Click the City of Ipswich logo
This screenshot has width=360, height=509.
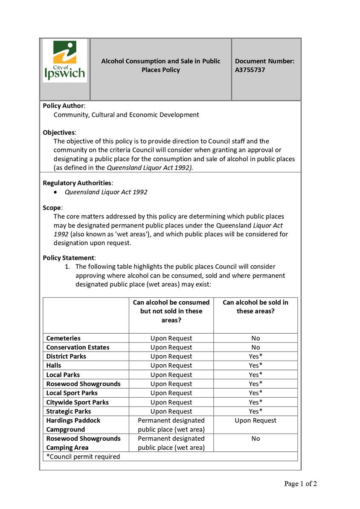click(65, 61)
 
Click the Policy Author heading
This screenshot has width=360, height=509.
click(64, 105)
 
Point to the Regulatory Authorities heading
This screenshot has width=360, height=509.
click(77, 183)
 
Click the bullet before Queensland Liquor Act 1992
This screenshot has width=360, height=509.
click(56, 192)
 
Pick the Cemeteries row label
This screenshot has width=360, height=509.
click(63, 338)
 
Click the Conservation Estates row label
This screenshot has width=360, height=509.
click(78, 347)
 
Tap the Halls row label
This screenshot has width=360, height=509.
click(54, 365)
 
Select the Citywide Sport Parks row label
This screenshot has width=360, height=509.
click(77, 402)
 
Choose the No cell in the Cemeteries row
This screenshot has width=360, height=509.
click(255, 338)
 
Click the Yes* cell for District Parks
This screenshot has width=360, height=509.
click(255, 356)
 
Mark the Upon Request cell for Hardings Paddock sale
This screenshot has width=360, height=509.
click(255, 421)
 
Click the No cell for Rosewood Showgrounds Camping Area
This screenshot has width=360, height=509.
click(255, 439)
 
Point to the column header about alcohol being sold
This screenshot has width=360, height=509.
click(255, 307)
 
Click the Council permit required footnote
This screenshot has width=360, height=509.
click(83, 457)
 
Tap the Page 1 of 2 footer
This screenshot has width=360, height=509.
click(301, 484)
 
